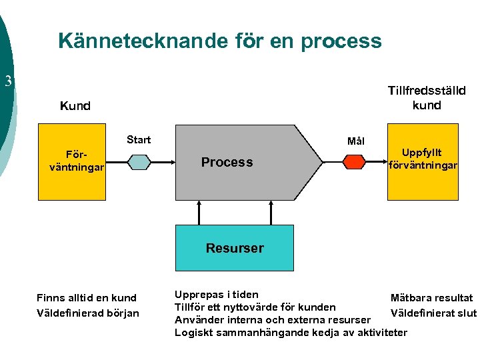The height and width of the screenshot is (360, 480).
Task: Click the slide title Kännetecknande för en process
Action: [220, 41]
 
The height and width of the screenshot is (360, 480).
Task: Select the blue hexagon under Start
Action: [139, 162]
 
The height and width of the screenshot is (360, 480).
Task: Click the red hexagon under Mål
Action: [355, 162]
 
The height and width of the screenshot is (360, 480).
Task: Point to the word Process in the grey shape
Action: [227, 162]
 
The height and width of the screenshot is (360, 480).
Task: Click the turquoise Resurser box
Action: [235, 248]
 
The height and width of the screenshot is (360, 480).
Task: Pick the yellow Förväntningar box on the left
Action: [72, 162]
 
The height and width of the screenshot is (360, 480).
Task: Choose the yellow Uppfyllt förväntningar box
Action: [421, 162]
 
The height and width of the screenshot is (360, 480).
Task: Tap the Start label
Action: [139, 140]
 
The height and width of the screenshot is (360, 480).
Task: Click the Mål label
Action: [356, 141]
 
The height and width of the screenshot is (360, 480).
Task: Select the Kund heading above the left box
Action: [75, 106]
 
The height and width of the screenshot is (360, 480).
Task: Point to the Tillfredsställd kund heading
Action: [427, 97]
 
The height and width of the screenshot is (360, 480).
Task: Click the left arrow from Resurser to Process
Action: [198, 212]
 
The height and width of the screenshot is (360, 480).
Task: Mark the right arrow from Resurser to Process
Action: [271, 212]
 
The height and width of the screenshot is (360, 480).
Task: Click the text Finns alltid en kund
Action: [87, 298]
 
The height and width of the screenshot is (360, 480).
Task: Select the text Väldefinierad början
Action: [88, 313]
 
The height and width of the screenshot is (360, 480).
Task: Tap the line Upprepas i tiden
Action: [217, 294]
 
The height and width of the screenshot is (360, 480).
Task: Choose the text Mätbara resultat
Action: [431, 298]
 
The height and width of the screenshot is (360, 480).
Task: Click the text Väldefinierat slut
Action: [433, 313]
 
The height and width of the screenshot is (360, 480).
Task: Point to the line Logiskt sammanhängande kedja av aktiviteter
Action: [291, 332]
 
